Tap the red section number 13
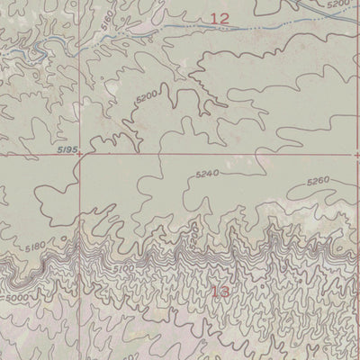click(220, 292)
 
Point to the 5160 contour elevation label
click(109, 40)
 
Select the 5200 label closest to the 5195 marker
click(146, 94)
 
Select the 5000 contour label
click(16, 296)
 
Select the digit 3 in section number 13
click(225, 292)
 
